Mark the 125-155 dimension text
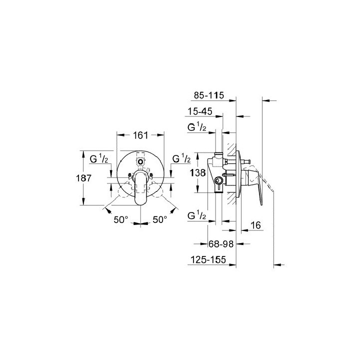(x=209, y=260)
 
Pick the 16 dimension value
(x=254, y=226)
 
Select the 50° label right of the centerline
(x=159, y=219)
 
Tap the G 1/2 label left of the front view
(x=99, y=159)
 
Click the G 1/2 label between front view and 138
(x=181, y=159)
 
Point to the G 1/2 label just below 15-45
(x=197, y=128)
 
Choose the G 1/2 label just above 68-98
(x=197, y=216)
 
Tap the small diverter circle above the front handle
(x=140, y=161)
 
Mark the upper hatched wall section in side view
(x=231, y=150)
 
